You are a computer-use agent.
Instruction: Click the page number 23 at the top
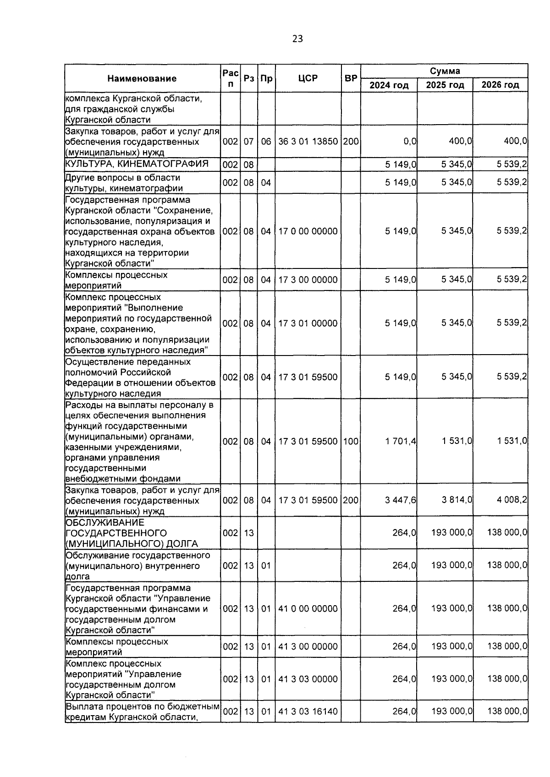pyautogui.click(x=297, y=39)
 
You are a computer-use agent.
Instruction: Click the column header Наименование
pyautogui.click(x=142, y=78)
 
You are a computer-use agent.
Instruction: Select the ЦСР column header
pyautogui.click(x=308, y=78)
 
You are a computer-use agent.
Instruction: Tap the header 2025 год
pyautogui.click(x=445, y=85)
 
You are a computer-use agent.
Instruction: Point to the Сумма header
pyautogui.click(x=445, y=71)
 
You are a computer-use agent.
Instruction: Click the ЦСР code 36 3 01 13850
pyautogui.click(x=308, y=142)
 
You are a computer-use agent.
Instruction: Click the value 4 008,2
pyautogui.click(x=512, y=500)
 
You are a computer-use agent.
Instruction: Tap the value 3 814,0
pyautogui.click(x=456, y=500)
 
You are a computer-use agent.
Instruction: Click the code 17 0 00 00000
pyautogui.click(x=308, y=231)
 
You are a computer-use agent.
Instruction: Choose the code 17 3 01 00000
pyautogui.click(x=308, y=323)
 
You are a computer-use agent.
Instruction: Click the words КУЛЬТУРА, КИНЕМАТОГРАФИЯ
pyautogui.click(x=137, y=164)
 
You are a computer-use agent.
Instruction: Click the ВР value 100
pyautogui.click(x=351, y=442)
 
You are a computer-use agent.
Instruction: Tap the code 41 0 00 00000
pyautogui.click(x=308, y=609)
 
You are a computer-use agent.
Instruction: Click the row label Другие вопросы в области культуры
pyautogui.click(x=124, y=183)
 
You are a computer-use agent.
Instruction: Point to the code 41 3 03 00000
pyautogui.click(x=308, y=679)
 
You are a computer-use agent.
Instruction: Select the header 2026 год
pyautogui.click(x=500, y=85)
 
